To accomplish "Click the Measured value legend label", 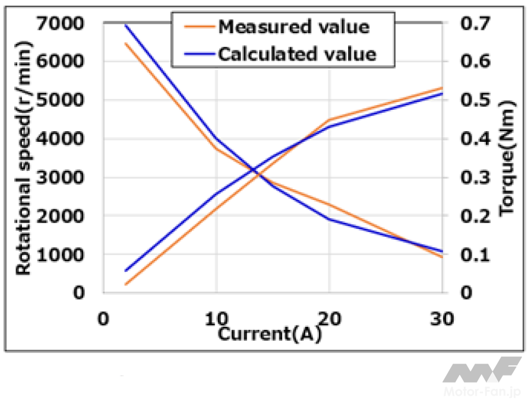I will pyautogui.click(x=293, y=27).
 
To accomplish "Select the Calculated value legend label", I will pyautogui.click(x=297, y=54).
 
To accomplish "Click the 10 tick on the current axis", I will pyautogui.click(x=216, y=319).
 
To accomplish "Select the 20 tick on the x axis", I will pyautogui.click(x=329, y=319).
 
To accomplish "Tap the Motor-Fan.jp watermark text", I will pyautogui.click(x=483, y=394).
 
